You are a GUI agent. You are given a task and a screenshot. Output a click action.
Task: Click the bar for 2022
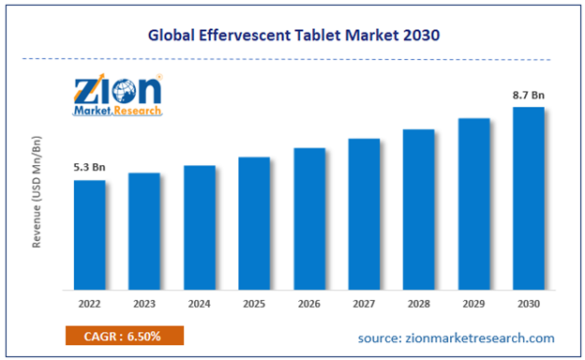(x=90, y=234)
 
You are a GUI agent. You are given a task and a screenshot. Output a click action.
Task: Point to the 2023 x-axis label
(x=144, y=304)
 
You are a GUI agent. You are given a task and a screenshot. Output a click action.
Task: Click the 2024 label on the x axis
(x=200, y=304)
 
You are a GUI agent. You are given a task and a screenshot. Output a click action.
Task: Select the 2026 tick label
(x=309, y=304)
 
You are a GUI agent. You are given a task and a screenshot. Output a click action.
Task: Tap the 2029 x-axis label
(x=473, y=304)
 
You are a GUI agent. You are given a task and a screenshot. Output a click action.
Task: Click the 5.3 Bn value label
(x=90, y=168)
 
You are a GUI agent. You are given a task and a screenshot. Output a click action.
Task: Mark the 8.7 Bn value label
(x=529, y=95)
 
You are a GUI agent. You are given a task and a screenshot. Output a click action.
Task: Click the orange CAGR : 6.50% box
(x=125, y=336)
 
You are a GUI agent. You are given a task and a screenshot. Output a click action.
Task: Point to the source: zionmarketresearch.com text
(x=457, y=337)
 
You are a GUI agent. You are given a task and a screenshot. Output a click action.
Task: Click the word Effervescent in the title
(x=246, y=36)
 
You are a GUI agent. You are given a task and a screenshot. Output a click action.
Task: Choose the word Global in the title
(x=173, y=36)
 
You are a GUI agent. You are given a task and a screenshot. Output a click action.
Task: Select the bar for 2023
(x=144, y=231)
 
